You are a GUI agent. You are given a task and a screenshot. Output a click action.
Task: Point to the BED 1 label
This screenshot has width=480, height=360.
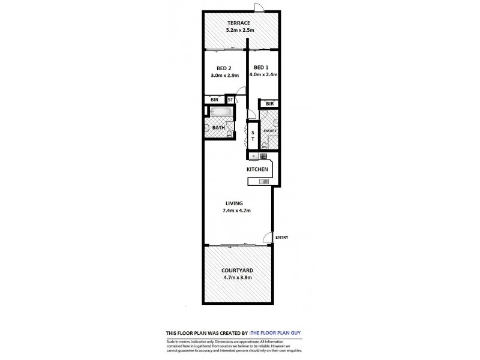(x=262, y=67)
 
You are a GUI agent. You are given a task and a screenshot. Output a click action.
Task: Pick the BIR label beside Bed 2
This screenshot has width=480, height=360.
(x=214, y=100)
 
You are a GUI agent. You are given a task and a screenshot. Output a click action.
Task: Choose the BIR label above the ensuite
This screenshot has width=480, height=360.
(x=269, y=103)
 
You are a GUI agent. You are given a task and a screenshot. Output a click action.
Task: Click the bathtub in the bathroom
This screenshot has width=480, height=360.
(x=220, y=112)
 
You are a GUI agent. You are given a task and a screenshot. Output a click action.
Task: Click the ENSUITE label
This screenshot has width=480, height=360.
(x=269, y=130)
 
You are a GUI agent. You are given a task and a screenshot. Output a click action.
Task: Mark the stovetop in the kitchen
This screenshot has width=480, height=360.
(x=263, y=157)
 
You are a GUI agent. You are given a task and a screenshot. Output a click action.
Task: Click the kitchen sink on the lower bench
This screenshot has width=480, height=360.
(x=263, y=181)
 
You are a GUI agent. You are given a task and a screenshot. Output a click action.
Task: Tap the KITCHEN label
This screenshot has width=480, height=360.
(x=257, y=170)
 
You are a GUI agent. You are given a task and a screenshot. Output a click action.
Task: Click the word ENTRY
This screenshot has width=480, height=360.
(x=281, y=238)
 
